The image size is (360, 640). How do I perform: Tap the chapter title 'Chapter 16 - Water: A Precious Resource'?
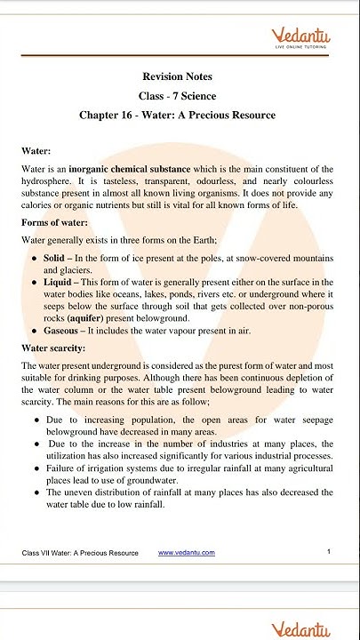(177, 116)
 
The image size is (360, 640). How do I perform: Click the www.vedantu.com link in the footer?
(186, 553)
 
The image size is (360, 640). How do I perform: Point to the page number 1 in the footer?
(329, 552)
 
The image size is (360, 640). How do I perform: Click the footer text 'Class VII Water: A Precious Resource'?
(80, 553)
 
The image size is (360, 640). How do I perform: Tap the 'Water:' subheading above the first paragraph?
(36, 152)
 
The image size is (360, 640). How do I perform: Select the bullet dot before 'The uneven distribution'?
(36, 492)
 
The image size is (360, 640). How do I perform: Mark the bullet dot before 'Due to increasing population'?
(36, 417)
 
